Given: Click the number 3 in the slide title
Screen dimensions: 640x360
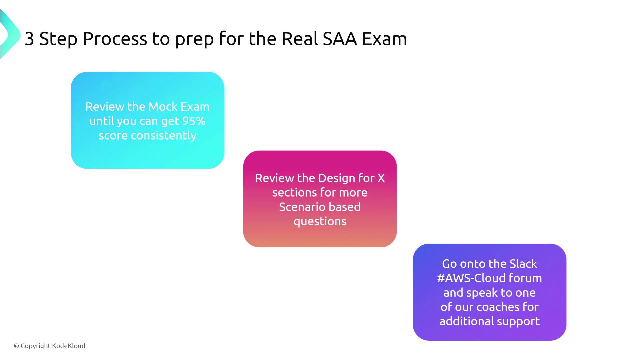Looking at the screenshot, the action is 29,39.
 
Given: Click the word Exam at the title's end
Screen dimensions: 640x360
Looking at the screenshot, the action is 384,39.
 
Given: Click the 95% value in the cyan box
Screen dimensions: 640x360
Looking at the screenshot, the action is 193,121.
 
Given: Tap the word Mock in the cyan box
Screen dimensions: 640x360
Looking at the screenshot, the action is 163,107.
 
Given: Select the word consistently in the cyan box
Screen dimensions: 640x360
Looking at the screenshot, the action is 164,136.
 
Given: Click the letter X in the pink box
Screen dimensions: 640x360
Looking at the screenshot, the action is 381,178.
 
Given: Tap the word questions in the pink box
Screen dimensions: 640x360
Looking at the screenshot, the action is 320,222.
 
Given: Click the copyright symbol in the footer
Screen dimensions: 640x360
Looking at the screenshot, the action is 16,346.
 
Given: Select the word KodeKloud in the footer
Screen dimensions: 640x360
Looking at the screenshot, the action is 69,346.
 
